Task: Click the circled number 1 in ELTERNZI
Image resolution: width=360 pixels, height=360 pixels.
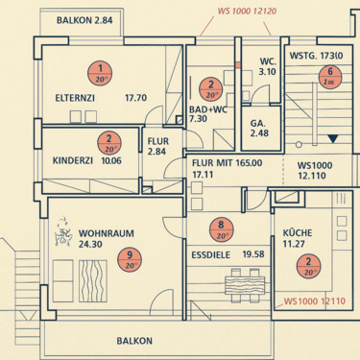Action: [x=100, y=70]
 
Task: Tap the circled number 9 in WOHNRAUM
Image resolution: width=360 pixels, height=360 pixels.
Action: [x=130, y=257]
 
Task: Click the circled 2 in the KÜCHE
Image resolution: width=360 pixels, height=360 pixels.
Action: [x=305, y=266]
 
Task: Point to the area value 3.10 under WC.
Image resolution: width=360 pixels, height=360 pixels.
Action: [x=268, y=71]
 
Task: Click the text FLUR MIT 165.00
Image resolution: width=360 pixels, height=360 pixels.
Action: [x=227, y=164]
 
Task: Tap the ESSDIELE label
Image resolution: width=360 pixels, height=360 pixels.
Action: [x=209, y=254]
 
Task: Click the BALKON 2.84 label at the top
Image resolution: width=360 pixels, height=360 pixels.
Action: [x=85, y=19]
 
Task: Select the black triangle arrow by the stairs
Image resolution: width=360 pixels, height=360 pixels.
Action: [x=333, y=140]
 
